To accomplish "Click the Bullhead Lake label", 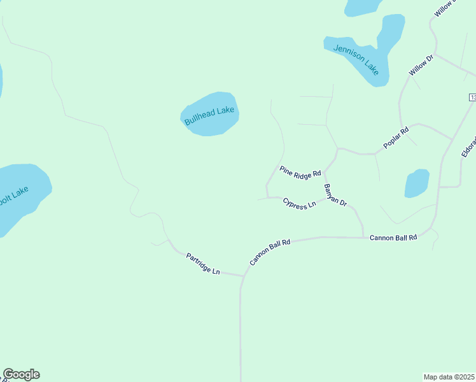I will click(209, 115).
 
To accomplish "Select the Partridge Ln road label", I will click(203, 264).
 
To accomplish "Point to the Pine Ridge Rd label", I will click(300, 172).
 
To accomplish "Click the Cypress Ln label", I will click(299, 204).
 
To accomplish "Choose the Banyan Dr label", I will click(335, 195).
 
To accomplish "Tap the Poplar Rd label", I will click(395, 138).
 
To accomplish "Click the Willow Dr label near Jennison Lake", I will click(421, 66).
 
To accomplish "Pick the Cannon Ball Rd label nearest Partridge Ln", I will click(270, 251).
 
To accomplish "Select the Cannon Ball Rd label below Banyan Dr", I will click(393, 237).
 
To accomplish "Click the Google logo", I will click(21, 374).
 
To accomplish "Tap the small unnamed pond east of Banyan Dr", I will click(417, 183).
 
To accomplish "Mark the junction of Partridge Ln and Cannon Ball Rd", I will click(243, 276).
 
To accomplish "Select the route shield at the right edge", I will click(472, 97).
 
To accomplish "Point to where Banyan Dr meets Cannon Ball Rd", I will click(363, 237).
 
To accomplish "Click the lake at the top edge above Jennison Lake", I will click(361, 6).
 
